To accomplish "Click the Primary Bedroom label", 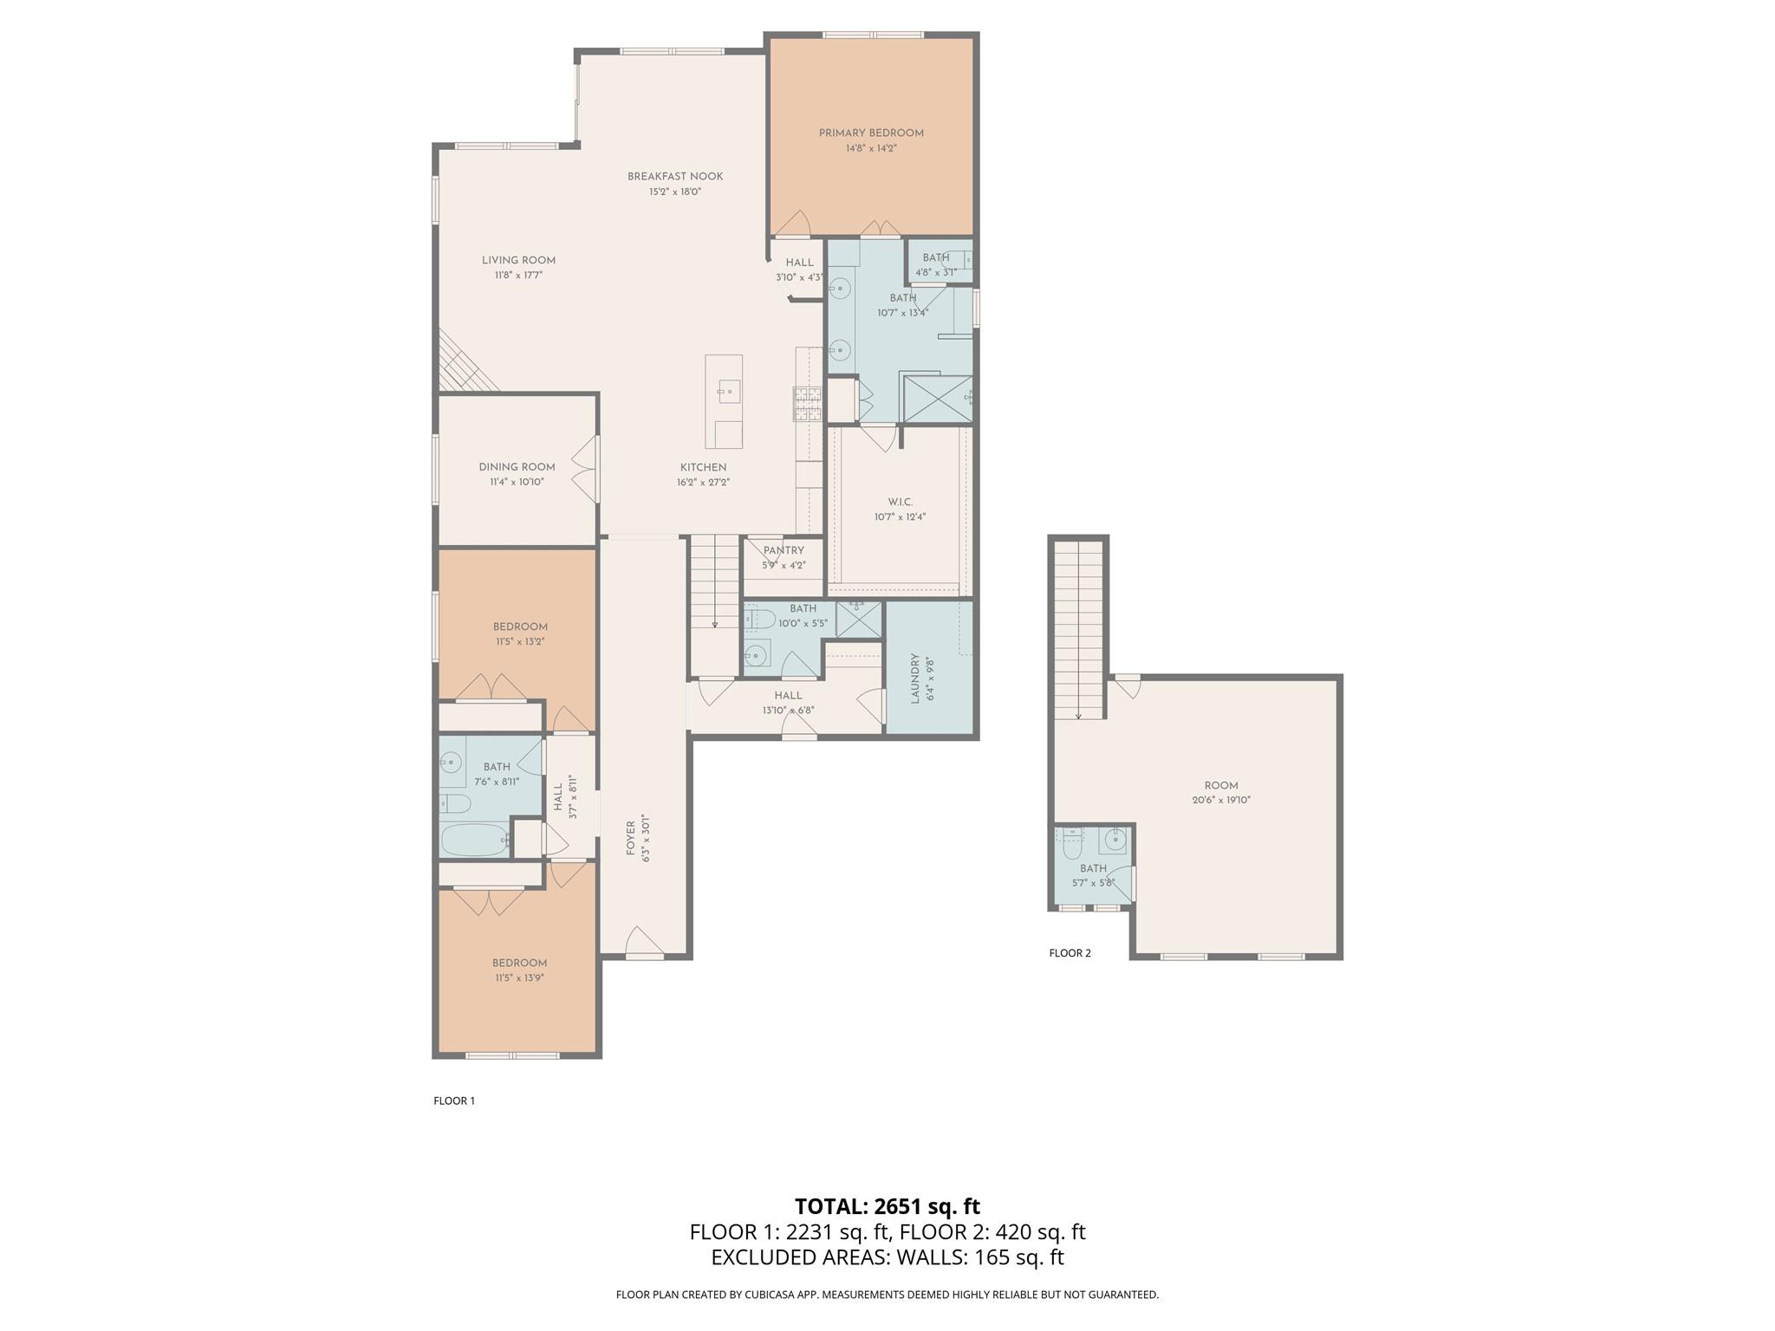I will pos(871,133).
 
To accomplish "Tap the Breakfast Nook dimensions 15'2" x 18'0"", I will pos(675,192).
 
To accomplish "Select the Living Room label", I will pos(518,260).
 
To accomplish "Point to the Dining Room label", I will pos(517,467).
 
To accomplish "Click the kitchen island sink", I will pos(727,392).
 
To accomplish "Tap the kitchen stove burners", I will pos(806,404).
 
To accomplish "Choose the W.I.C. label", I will pos(900,502).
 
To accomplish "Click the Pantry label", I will pos(783,550).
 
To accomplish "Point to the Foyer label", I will pos(631,838).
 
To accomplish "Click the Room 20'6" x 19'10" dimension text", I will pos(1220,801).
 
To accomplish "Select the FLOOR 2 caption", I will pos(1070,953).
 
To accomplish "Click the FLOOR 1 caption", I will pos(454,1101).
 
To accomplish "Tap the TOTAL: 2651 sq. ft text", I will pos(887,1206).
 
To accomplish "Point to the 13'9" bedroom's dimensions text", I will pos(519,978).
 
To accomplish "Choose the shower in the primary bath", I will pos(936,399).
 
